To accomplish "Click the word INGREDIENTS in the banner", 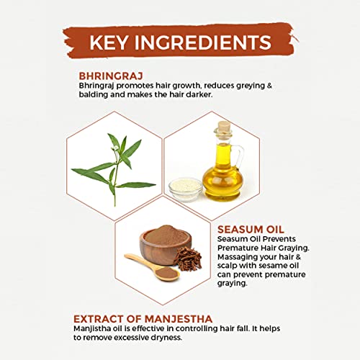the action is click(x=203, y=42).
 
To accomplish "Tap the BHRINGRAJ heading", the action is click(x=111, y=76).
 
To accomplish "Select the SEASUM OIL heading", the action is click(x=251, y=230).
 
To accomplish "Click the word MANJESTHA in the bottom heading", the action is click(x=179, y=319).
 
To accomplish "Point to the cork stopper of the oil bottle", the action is click(x=224, y=127).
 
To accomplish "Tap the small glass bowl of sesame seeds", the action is click(x=185, y=189).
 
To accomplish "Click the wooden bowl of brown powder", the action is click(x=166, y=244).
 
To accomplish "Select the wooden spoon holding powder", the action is click(x=153, y=267).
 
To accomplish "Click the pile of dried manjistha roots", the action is click(x=188, y=259).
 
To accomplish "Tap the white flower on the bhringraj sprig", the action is click(x=115, y=148).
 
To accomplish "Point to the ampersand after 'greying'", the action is click(x=269, y=86).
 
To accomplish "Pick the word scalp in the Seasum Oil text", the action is click(x=227, y=266).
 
